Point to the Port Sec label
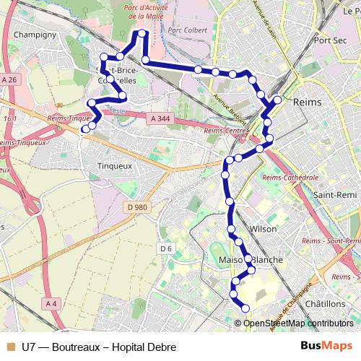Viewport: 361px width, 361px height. point(331,40)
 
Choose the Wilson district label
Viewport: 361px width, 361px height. point(262,228)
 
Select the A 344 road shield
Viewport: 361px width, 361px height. point(162,118)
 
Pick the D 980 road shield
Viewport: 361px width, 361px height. point(136,207)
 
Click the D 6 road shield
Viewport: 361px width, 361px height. point(166,248)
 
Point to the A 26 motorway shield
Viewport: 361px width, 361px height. point(9,79)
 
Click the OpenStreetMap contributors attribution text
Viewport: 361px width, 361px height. point(298,323)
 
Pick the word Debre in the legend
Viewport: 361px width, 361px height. point(161,347)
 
